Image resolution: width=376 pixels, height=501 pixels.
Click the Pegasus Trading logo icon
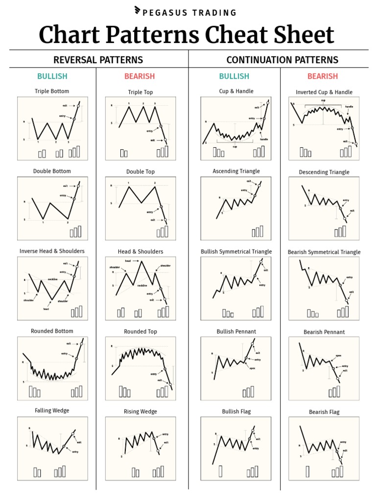138,12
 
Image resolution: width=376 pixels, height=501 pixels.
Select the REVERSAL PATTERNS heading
98,60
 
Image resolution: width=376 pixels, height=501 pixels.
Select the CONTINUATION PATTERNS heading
282,60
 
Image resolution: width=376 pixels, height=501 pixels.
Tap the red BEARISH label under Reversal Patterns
140,76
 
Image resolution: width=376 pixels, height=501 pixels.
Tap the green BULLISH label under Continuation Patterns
234,76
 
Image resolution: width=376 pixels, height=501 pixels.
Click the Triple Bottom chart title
52,91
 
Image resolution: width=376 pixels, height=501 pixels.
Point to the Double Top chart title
141,172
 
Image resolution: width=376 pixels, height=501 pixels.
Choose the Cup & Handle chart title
236,91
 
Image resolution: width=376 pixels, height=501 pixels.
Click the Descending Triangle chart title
324,172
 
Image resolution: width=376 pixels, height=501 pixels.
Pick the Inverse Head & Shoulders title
52,251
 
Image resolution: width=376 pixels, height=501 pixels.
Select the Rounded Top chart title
141,332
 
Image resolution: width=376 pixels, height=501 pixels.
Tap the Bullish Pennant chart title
236,331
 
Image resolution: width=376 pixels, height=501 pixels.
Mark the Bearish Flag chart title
324,412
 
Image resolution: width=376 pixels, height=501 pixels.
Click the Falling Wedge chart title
52,410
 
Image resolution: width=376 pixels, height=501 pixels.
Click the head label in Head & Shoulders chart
128,261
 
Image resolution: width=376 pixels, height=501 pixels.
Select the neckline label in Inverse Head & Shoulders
53,279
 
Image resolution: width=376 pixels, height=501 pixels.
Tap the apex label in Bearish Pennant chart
338,356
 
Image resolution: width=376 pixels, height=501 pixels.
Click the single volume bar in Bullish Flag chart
220,471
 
